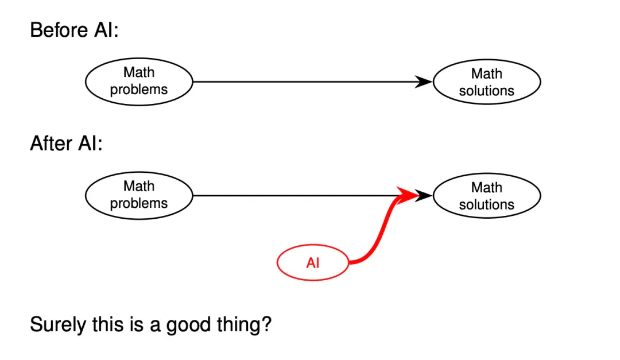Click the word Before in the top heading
(x=59, y=30)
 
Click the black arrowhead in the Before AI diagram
(x=424, y=82)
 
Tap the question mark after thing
(x=266, y=324)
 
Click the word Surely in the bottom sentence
(x=58, y=325)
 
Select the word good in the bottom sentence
(x=188, y=325)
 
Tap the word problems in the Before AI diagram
(x=139, y=90)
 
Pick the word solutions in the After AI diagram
(x=487, y=204)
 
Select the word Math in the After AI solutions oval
(x=487, y=187)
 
